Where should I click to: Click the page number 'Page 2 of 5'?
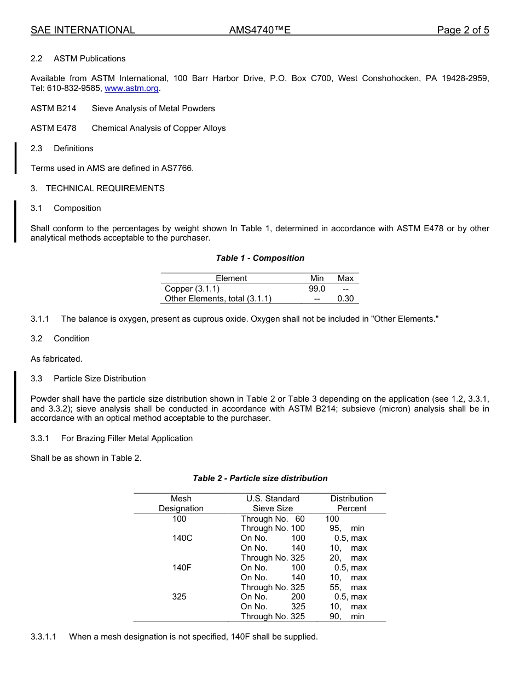point(463,30)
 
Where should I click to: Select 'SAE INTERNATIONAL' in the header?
point(83,30)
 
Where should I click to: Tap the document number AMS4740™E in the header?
point(259,30)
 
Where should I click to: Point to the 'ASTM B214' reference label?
point(53,108)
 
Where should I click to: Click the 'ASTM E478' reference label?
point(53,128)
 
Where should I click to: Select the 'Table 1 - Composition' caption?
point(260,258)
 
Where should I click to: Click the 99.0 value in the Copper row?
point(316,289)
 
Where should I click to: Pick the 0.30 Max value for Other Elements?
point(345,299)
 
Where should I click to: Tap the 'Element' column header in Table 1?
point(231,278)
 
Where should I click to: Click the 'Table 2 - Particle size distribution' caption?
point(260,478)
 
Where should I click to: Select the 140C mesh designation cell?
point(182,538)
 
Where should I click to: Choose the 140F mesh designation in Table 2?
point(182,568)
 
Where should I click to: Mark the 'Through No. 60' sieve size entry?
point(273,519)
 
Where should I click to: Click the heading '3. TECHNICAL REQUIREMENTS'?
point(97,189)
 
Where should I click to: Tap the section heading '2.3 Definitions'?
point(62,148)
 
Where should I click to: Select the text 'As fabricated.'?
point(56,359)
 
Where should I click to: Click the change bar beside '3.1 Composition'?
point(15,221)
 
